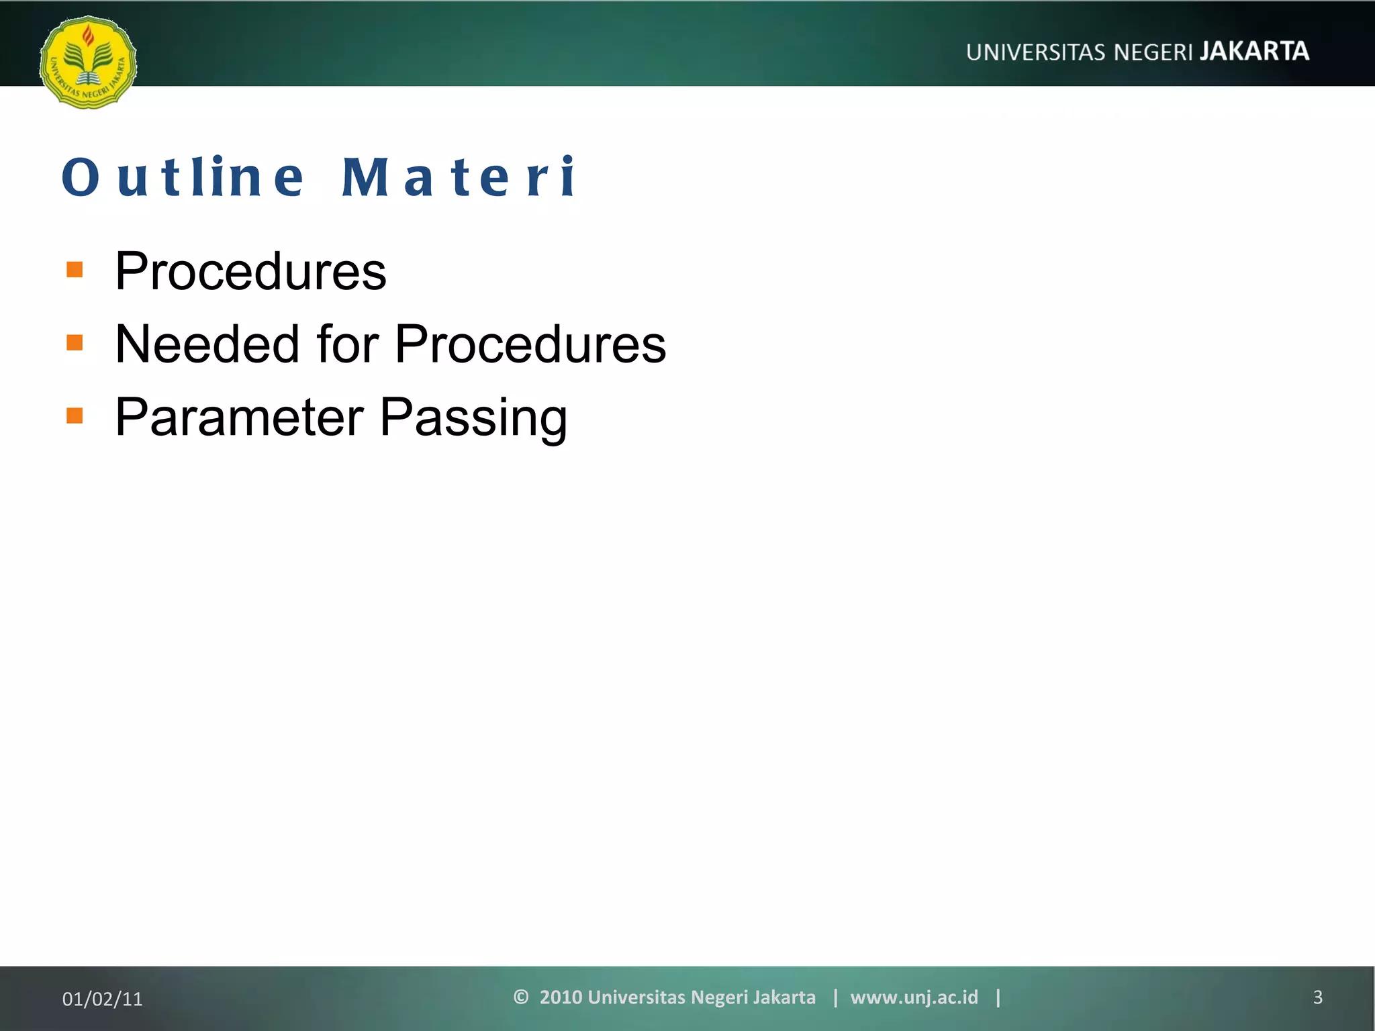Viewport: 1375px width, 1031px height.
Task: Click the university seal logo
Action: click(x=88, y=62)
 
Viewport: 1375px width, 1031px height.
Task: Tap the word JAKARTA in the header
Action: click(x=1254, y=51)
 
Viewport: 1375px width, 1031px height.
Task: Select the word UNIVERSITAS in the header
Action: click(x=1035, y=52)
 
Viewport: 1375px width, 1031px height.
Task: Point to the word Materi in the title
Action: click(x=459, y=177)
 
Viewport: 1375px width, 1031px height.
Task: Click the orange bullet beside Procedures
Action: click(x=75, y=270)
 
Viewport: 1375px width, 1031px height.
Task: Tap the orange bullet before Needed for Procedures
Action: click(x=75, y=343)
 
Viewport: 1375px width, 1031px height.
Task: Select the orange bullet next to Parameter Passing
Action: click(x=75, y=416)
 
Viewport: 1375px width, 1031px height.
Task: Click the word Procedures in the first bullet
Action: click(x=250, y=271)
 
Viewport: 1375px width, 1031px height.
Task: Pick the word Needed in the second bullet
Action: click(x=207, y=344)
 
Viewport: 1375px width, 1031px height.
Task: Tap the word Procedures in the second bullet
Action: click(x=530, y=344)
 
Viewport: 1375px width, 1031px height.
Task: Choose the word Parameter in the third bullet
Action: click(x=240, y=418)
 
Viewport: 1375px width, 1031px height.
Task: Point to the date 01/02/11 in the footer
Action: click(x=102, y=999)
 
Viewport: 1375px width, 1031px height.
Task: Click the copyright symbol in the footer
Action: click(x=520, y=997)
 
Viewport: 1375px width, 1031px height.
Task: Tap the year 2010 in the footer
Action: click(x=561, y=997)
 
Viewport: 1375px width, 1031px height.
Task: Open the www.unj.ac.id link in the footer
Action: click(x=914, y=997)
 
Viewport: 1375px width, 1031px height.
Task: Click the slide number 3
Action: click(x=1317, y=997)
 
